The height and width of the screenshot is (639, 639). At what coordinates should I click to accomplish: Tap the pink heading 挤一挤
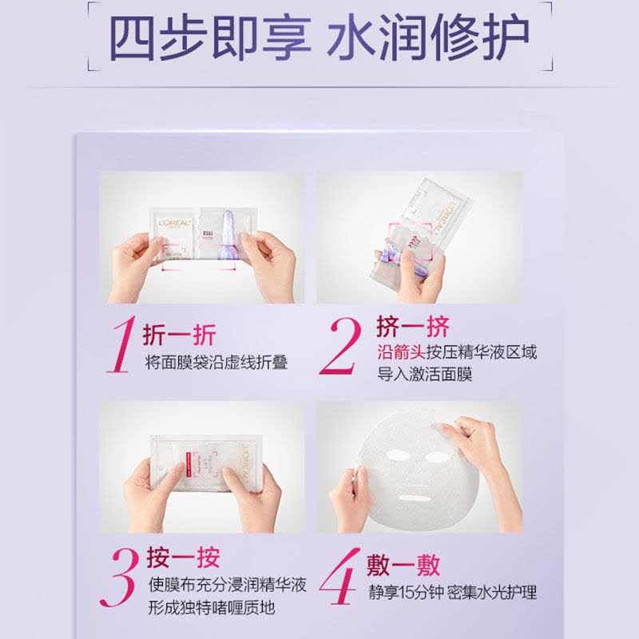coord(413,326)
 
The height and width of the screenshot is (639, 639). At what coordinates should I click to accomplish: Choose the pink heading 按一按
coord(183,558)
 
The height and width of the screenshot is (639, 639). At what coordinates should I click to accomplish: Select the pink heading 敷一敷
coord(403,565)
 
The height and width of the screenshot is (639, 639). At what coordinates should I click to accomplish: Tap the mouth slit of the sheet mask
coord(414,498)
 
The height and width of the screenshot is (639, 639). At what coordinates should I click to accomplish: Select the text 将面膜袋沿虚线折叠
coord(216,362)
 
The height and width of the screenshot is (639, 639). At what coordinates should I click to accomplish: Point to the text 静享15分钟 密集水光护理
coord(452,593)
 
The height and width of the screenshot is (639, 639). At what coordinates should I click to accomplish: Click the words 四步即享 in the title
coord(210,38)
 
